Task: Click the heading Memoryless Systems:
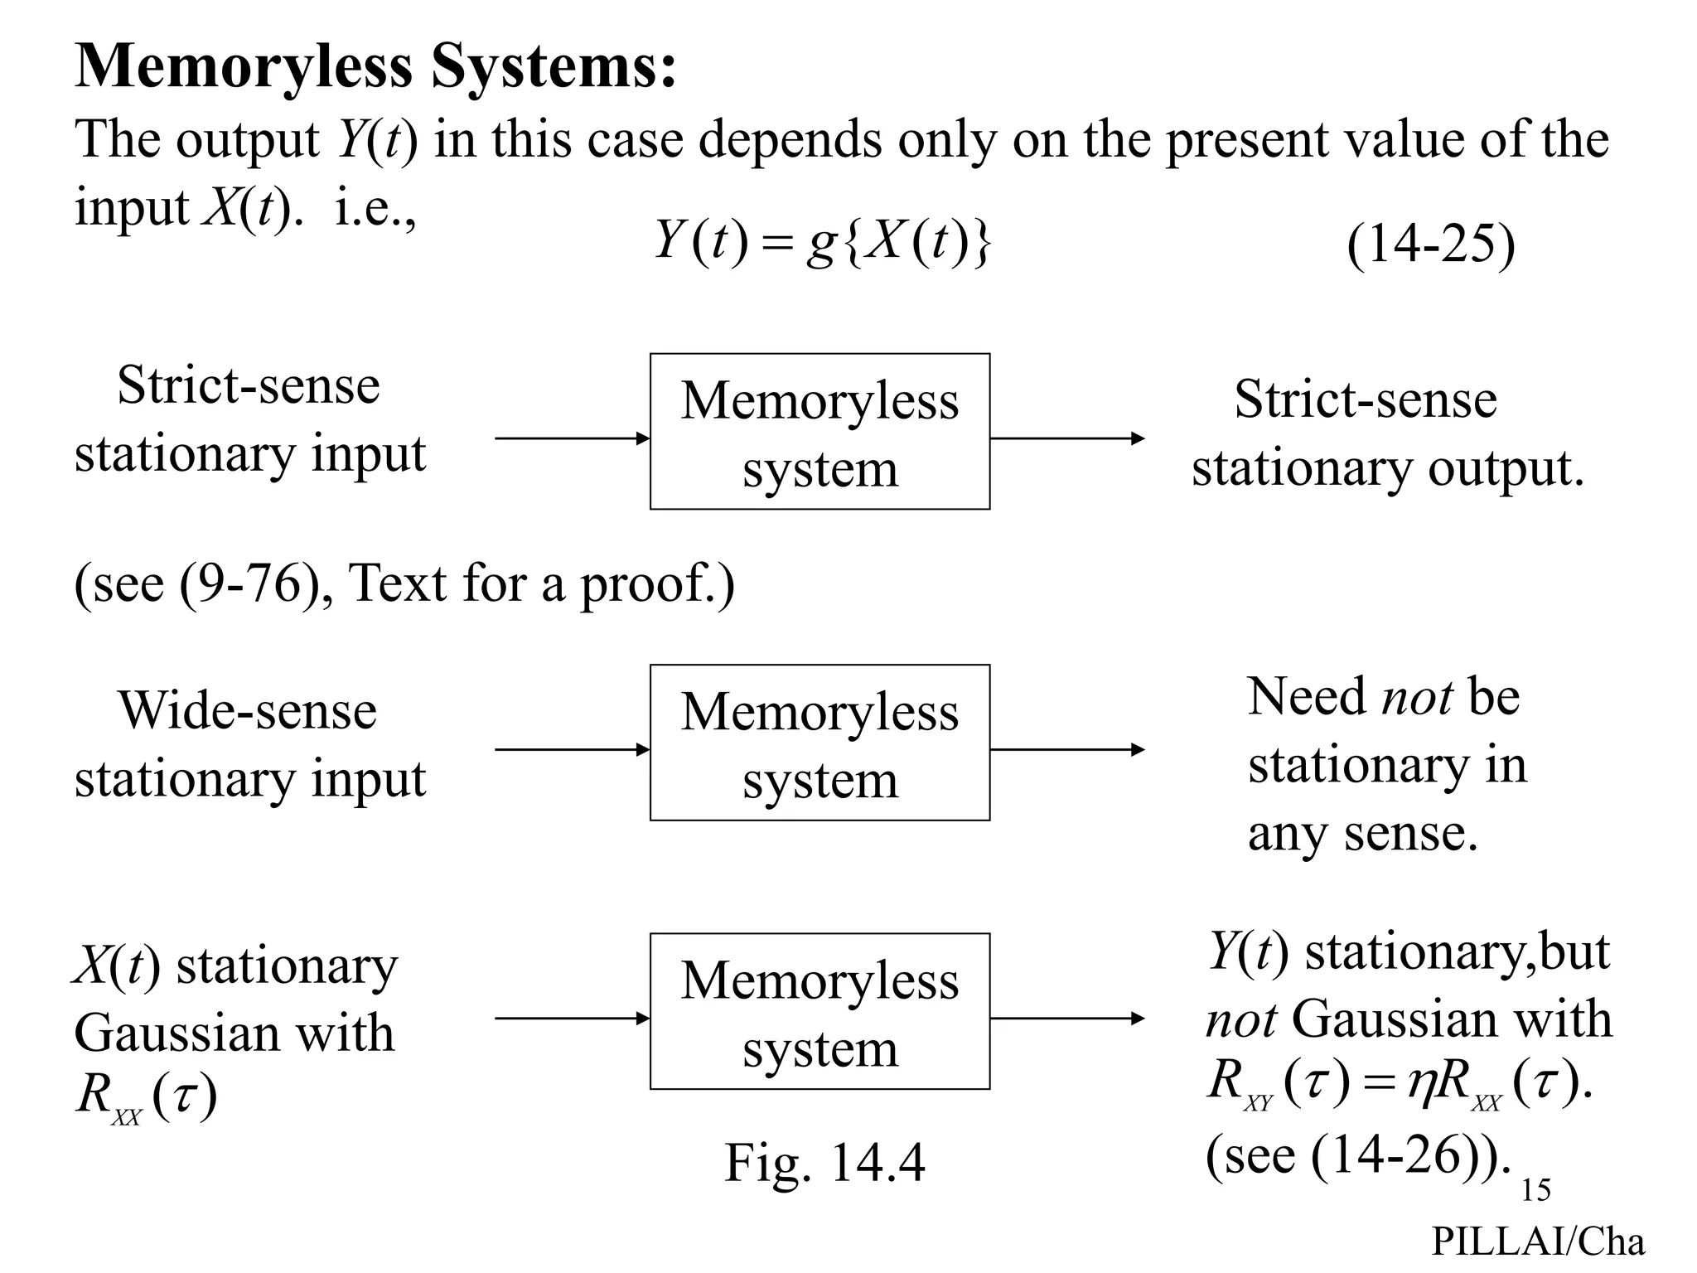click(x=375, y=66)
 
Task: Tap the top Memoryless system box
click(x=819, y=432)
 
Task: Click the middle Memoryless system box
click(x=819, y=743)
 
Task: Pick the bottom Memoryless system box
click(x=819, y=1011)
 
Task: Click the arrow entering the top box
click(x=572, y=438)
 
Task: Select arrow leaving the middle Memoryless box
click(x=1066, y=750)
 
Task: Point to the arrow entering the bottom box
click(x=572, y=1019)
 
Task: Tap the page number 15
click(x=1535, y=1190)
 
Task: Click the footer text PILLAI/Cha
click(x=1538, y=1242)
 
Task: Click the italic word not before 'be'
click(x=1417, y=696)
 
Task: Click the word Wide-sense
click(x=247, y=710)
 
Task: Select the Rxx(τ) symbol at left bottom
click(x=146, y=1096)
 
